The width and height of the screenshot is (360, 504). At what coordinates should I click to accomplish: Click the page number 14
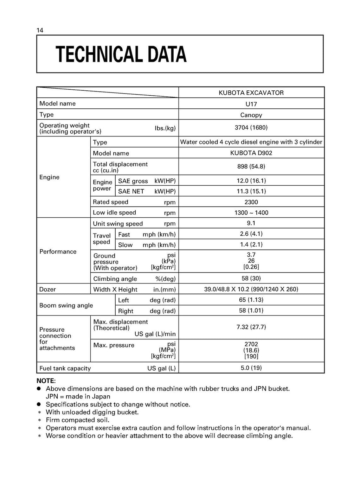tap(40, 30)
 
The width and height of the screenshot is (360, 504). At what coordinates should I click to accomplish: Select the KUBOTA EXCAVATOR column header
tap(251, 93)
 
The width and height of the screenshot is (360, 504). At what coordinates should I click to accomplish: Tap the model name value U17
tap(251, 104)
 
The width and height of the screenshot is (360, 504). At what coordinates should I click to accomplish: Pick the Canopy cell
tap(251, 115)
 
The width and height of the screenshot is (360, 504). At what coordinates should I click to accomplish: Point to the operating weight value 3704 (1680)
tap(251, 128)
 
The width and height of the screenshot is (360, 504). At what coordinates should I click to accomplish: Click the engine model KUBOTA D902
tap(251, 153)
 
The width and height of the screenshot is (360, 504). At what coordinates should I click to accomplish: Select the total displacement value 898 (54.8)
tap(251, 166)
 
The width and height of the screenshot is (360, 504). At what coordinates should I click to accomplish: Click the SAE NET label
tap(131, 191)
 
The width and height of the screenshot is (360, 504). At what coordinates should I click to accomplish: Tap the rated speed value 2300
tap(251, 202)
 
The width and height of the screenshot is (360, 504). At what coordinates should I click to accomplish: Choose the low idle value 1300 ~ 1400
tap(251, 213)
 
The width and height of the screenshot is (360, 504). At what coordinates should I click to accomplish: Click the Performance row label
tap(58, 251)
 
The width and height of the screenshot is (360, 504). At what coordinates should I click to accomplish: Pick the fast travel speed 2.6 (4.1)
tap(251, 234)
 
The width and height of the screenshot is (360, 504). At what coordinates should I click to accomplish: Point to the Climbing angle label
tap(111, 279)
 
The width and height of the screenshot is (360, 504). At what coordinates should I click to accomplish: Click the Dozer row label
tap(47, 289)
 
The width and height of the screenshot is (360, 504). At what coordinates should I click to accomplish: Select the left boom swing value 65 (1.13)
tap(251, 300)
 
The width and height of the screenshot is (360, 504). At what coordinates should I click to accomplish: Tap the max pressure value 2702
tap(251, 344)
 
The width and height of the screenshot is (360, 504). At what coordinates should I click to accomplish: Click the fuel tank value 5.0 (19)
tap(251, 368)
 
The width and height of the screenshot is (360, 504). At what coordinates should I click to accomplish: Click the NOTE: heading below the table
tap(46, 381)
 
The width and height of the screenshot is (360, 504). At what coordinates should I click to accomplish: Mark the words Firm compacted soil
tap(77, 420)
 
